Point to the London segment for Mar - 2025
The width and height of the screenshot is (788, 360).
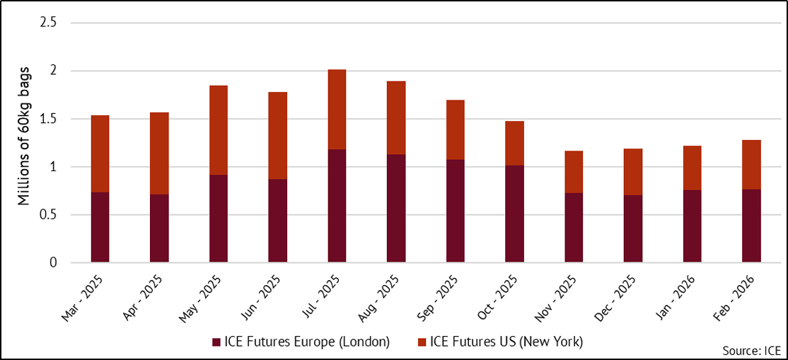coord(100,227)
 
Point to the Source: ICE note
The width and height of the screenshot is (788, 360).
coord(751,351)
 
